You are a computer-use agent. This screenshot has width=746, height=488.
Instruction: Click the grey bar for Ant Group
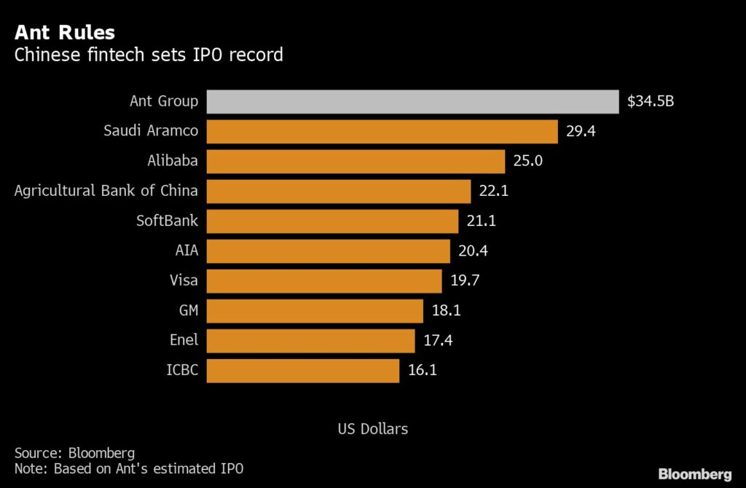[412, 101]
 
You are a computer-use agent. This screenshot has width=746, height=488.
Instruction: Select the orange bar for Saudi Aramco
[382, 131]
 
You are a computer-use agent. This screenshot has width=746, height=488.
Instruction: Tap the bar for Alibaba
[356, 161]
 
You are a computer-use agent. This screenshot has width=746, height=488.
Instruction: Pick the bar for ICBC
[303, 370]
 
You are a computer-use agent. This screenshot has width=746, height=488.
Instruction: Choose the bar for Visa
[324, 280]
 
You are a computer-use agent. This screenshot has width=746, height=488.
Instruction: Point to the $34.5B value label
[651, 101]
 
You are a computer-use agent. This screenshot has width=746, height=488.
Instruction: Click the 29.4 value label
[581, 131]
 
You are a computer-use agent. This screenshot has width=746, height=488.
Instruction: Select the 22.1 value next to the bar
[493, 191]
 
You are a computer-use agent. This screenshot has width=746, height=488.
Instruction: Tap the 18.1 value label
[446, 310]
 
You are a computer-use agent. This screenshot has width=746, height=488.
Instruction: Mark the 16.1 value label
[422, 370]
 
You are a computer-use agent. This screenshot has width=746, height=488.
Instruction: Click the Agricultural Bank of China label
[106, 191]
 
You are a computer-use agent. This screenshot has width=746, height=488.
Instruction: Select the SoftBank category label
[167, 221]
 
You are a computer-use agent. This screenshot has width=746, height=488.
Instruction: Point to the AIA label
[186, 251]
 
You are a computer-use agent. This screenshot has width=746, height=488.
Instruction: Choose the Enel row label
[184, 340]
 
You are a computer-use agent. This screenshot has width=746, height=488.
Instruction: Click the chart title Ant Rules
[64, 33]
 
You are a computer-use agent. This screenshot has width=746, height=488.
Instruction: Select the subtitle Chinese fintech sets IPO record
[149, 55]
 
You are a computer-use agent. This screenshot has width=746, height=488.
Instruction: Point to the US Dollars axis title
[372, 429]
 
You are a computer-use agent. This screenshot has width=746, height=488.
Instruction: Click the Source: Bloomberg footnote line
[74, 453]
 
